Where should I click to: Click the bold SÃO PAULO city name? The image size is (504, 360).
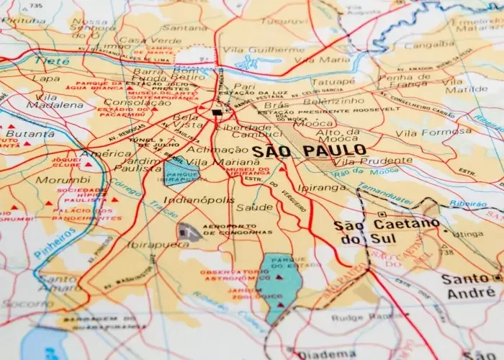coord(309,152)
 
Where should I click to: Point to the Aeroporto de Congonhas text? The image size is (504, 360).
coord(238,230)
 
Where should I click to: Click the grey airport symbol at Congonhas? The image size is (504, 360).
coord(189,232)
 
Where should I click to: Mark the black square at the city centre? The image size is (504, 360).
coord(217,112)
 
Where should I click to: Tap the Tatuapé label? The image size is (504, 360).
coord(333,82)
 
